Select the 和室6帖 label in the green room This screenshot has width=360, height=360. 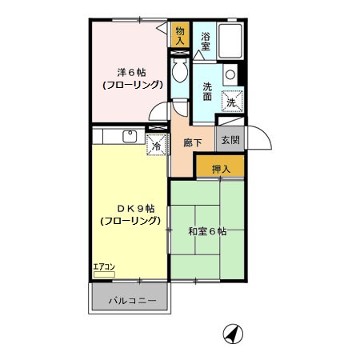207,231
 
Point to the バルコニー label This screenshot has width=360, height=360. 129,301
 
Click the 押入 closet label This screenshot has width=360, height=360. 221,169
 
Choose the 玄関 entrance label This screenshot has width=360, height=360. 230,140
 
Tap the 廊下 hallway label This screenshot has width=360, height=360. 193,143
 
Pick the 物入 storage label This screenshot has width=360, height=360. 180,35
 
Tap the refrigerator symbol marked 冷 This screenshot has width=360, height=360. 157,145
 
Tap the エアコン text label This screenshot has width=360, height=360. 103,267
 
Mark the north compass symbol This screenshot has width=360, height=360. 233,333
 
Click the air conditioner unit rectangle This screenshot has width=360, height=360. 104,274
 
